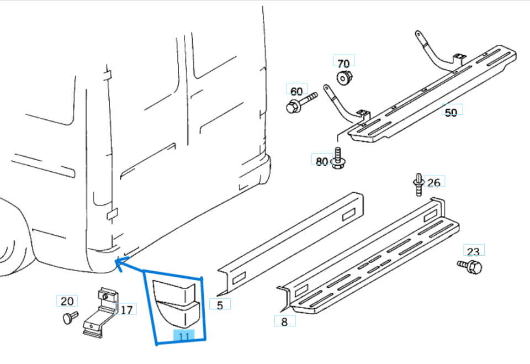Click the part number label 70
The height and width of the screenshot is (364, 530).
[343, 63]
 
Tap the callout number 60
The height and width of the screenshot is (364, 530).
[296, 91]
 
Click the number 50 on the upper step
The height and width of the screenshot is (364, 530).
[451, 112]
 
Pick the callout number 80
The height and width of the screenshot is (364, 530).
[322, 161]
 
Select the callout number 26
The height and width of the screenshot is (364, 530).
[434, 182]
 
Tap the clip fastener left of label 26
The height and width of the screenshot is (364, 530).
[417, 184]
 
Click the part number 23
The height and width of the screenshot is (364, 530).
[474, 252]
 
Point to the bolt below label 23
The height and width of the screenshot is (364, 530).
[471, 267]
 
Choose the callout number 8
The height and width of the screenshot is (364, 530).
[284, 321]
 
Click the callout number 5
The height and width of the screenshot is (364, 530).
[220, 305]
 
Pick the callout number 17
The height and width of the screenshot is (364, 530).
[126, 310]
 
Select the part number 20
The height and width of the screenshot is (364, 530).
[67, 301]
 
